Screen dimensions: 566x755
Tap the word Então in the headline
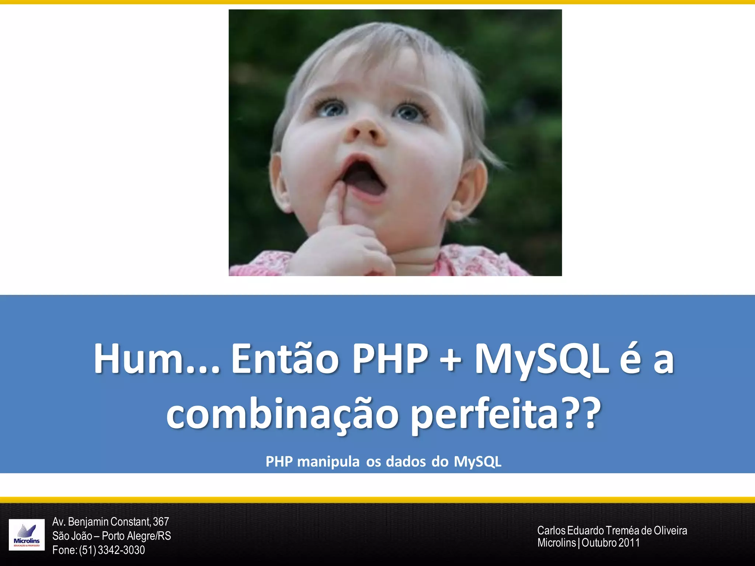pyautogui.click(x=285, y=359)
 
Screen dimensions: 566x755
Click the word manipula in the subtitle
pyautogui.click(x=328, y=461)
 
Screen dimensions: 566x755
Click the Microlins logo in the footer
pyautogui.click(x=27, y=535)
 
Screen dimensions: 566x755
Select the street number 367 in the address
pyautogui.click(x=161, y=522)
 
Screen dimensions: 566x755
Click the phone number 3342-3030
pyautogui.click(x=121, y=550)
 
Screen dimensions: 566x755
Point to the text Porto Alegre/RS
pyautogui.click(x=136, y=536)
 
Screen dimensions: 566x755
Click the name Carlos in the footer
pyautogui.click(x=551, y=531)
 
